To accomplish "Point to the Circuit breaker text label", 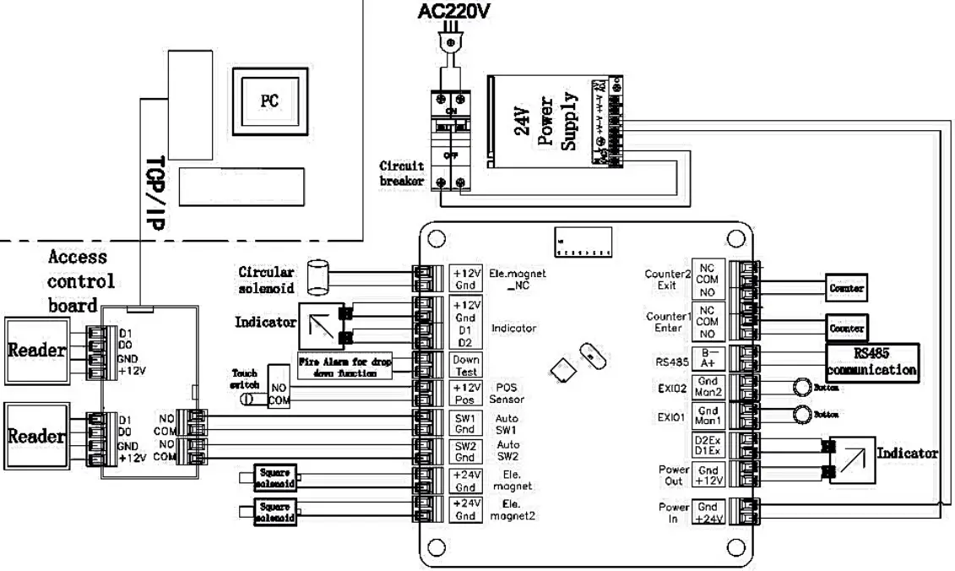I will tap(402, 173).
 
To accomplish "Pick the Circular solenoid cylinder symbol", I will tap(317, 275).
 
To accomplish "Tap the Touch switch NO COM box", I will tap(278, 388).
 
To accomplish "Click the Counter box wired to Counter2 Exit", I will tap(846, 289).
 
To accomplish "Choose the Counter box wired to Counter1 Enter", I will tap(846, 327).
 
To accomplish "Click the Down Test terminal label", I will tap(467, 366).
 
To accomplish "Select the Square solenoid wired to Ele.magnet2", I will tap(275, 513).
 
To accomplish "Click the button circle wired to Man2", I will tap(800, 388).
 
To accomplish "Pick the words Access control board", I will tap(81, 280).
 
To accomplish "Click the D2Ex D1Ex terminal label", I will tap(708, 445).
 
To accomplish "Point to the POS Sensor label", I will tap(508, 394).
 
